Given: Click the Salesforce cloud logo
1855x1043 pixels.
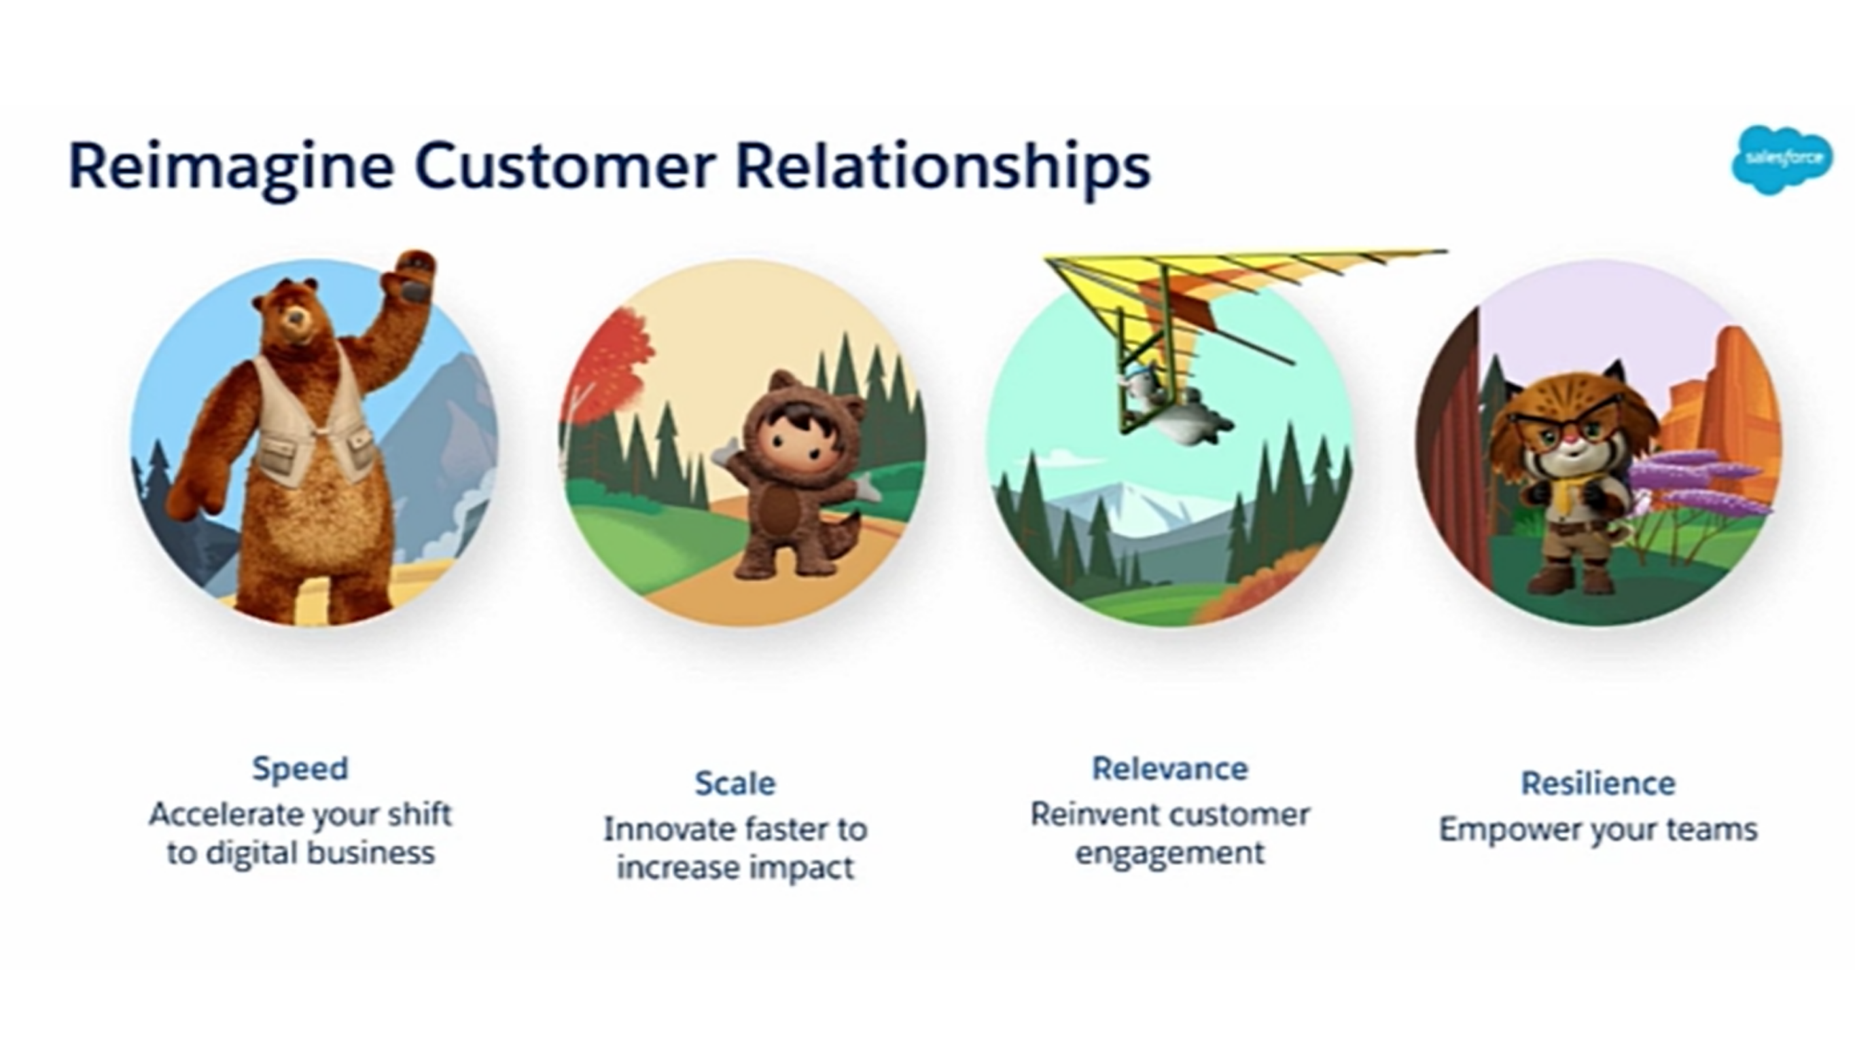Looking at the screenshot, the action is pos(1782,160).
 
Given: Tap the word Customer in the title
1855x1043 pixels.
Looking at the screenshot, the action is pos(565,167).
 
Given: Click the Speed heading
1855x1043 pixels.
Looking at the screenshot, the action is pos(300,769).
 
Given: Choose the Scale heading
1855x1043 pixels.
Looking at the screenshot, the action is pos(735,783).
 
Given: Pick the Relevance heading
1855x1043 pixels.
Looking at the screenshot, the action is pos(1170,769).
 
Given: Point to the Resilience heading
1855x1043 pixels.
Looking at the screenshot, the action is pos(1598,783).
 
